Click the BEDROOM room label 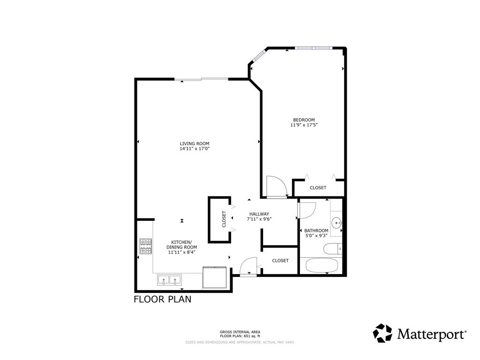click(x=304, y=120)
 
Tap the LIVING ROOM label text click(x=195, y=143)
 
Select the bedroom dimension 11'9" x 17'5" click(x=304, y=125)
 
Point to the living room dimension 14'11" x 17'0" click(x=195, y=149)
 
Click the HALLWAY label click(x=259, y=214)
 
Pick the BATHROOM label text click(x=316, y=230)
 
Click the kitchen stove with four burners click(x=146, y=246)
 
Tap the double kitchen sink click(x=169, y=280)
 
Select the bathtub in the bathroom click(x=322, y=265)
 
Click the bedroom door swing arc click(x=276, y=186)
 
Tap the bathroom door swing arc click(x=307, y=210)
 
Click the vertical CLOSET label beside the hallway click(x=224, y=219)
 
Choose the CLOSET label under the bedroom click(x=318, y=187)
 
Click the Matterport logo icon click(x=382, y=333)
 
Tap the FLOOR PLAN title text click(x=163, y=299)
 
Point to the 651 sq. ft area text click(x=240, y=336)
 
